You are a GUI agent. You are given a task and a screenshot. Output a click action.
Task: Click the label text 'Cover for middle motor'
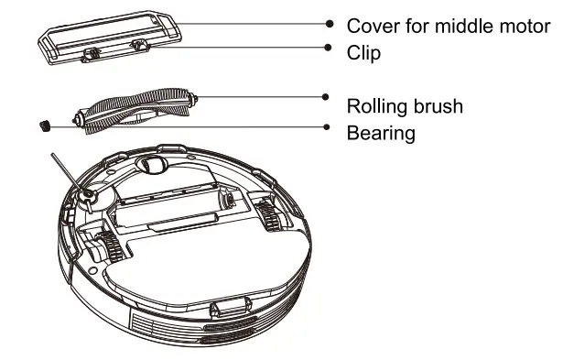click(x=448, y=25)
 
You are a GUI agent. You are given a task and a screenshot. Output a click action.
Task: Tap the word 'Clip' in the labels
click(x=363, y=53)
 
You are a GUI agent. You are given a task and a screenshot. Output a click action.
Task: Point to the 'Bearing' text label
click(x=381, y=133)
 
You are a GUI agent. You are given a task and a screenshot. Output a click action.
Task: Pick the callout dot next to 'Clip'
click(x=327, y=47)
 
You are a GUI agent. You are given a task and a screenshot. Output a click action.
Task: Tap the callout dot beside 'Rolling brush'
click(x=325, y=95)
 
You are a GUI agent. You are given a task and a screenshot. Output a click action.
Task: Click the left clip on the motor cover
click(x=92, y=56)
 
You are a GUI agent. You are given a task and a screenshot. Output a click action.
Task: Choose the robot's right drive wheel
click(x=267, y=216)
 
